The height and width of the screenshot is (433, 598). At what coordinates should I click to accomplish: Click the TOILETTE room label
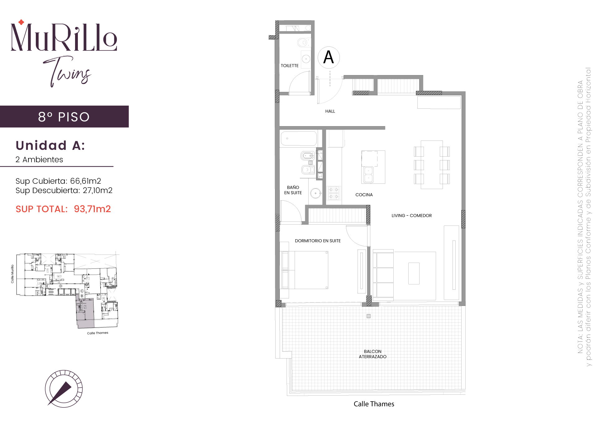click(290, 66)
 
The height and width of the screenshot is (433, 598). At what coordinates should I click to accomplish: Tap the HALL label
click(330, 111)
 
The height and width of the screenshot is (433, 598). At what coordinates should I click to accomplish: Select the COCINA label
click(364, 195)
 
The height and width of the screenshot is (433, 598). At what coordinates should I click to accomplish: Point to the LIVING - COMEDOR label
click(411, 216)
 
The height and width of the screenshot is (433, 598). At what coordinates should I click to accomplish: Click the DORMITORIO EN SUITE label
click(318, 241)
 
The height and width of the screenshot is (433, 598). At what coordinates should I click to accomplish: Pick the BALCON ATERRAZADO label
click(373, 354)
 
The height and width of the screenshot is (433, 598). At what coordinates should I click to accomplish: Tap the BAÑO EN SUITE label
click(293, 190)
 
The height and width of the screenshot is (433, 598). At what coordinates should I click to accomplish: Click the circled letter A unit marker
click(329, 57)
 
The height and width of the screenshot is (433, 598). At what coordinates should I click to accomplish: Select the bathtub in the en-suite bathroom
click(299, 138)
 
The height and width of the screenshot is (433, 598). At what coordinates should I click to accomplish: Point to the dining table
click(432, 164)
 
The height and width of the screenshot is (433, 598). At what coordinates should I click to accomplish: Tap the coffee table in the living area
click(414, 273)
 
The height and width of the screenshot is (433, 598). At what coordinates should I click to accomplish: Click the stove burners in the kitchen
click(334, 193)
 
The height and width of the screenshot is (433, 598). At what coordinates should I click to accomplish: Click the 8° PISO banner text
click(64, 117)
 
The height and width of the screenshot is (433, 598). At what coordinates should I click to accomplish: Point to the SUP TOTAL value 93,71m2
click(92, 209)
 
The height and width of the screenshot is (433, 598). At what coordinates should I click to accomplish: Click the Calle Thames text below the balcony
click(374, 404)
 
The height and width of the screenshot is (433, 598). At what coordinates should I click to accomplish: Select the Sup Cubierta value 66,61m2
click(86, 181)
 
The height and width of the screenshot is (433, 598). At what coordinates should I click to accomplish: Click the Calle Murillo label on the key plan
click(12, 274)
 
